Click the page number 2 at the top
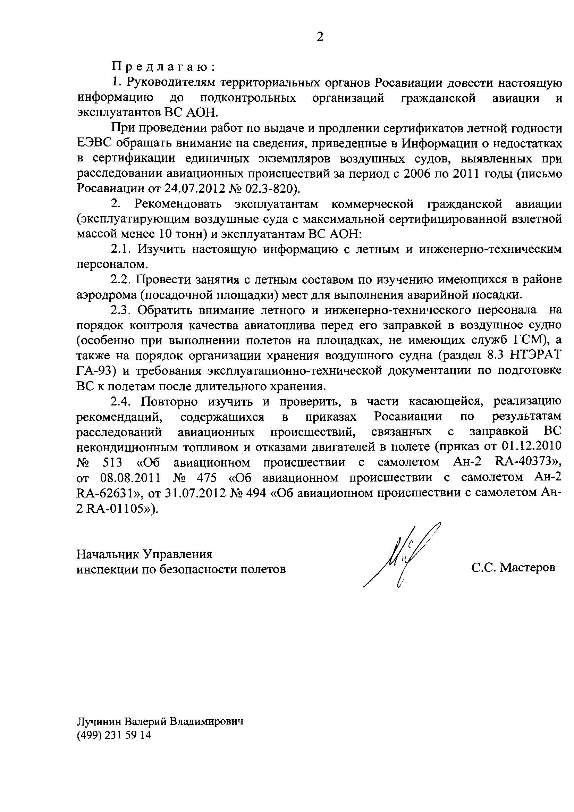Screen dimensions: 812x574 (320, 37)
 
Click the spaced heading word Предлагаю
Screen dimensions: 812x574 (163, 67)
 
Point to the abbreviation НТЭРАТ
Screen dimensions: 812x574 (536, 355)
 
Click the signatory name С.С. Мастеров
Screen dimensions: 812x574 (513, 568)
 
